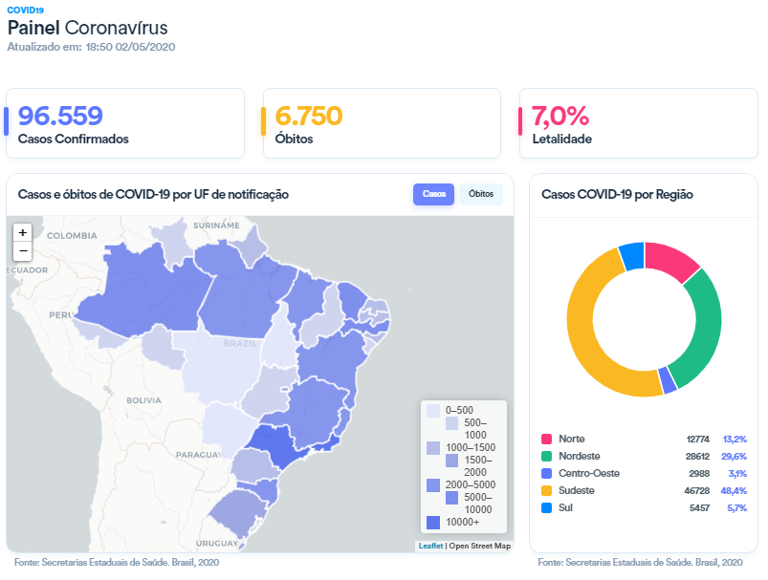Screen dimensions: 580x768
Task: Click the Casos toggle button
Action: (433, 194)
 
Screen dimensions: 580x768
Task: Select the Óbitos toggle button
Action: (481, 194)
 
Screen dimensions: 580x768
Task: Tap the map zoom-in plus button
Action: (23, 232)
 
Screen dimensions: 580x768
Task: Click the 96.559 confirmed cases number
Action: (60, 116)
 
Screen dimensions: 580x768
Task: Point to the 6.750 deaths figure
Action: (308, 116)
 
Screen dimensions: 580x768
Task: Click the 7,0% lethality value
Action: (560, 116)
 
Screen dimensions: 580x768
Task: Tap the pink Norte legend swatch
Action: (546, 439)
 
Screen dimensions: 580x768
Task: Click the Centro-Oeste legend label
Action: (588, 473)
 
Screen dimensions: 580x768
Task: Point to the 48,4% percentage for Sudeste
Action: (735, 490)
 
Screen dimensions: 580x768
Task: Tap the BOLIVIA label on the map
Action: (144, 399)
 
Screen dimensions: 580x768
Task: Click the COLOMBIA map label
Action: (73, 235)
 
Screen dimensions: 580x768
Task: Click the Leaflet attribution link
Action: (430, 546)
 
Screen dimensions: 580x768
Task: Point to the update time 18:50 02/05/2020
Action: (130, 46)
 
